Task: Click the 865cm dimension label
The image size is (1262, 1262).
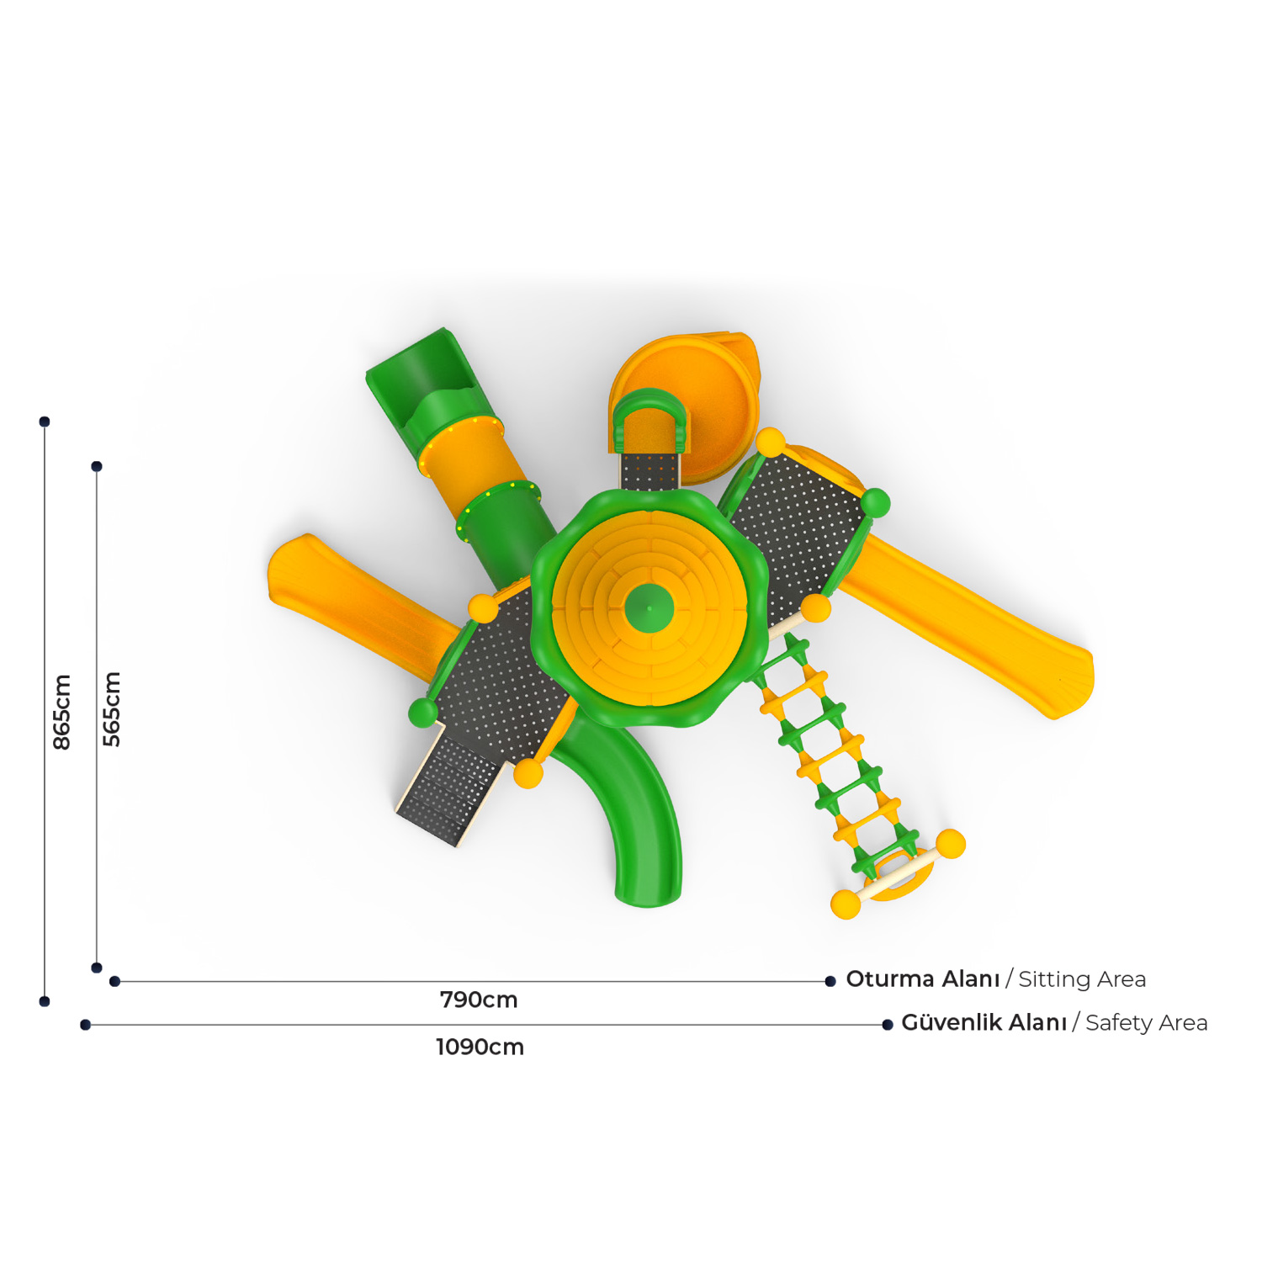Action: [62, 712]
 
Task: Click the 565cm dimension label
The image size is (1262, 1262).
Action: [112, 709]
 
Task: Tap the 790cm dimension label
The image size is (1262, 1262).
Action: [479, 1000]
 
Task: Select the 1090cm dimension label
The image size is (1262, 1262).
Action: [480, 1047]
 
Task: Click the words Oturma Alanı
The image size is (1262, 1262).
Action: [923, 979]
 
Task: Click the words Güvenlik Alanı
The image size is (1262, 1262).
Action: [984, 1022]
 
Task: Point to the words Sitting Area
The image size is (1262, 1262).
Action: [1082, 979]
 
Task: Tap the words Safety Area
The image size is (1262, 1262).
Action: [1146, 1023]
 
